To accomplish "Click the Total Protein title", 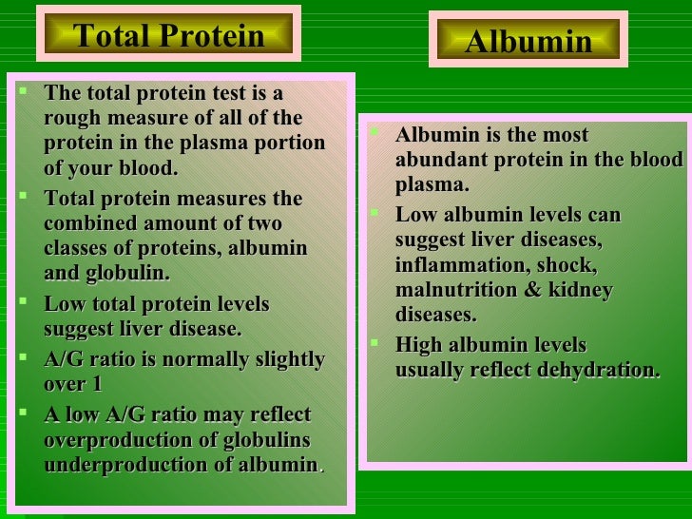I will [168, 36].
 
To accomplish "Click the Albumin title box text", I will [528, 42].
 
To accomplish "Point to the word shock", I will [570, 264].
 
